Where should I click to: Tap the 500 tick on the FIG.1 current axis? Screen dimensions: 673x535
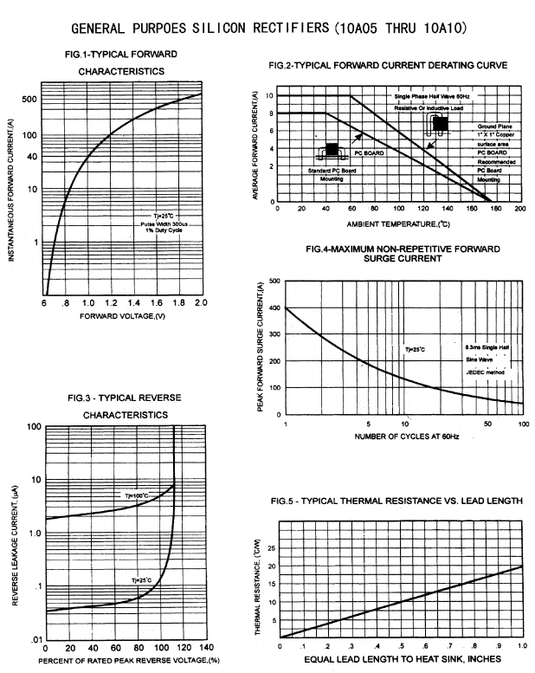click(29, 99)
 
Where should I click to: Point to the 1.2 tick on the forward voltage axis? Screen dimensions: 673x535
click(110, 303)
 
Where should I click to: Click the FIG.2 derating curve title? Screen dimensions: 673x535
click(388, 66)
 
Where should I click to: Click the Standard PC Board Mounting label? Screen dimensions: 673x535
click(332, 173)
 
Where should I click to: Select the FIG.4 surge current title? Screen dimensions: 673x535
click(403, 253)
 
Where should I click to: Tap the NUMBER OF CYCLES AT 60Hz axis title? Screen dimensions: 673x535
click(404, 436)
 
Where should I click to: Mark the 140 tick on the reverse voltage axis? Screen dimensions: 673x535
click(206, 648)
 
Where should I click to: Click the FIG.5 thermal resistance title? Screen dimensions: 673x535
click(396, 502)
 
